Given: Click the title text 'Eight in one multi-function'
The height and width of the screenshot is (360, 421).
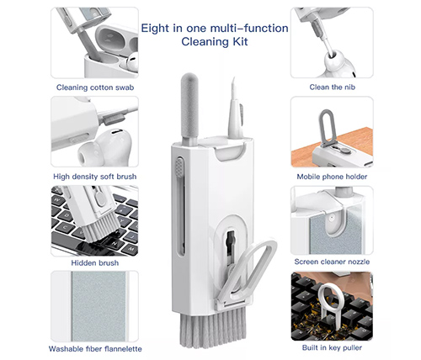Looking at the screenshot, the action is (215, 29).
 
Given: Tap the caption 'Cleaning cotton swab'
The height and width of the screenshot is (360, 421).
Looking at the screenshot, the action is (95, 87).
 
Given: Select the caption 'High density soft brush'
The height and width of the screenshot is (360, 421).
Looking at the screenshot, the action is (95, 177).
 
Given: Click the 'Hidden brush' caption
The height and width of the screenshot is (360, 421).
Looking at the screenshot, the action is (95, 263).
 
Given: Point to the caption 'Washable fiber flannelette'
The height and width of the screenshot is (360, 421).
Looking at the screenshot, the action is (95, 349).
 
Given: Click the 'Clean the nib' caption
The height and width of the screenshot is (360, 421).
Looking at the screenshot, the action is (333, 87).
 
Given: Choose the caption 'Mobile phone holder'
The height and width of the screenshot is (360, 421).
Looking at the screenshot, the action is (332, 177).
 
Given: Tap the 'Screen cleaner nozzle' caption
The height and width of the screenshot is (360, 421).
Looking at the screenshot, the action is (332, 262).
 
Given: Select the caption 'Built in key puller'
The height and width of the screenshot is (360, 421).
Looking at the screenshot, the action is (332, 347).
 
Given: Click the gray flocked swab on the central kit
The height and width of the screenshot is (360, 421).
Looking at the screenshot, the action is (189, 107).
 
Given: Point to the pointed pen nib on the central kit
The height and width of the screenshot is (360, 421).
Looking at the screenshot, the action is (235, 109).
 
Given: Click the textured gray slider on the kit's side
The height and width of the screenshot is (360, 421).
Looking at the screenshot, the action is (180, 167).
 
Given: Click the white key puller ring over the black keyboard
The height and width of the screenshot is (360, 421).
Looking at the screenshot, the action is (331, 297).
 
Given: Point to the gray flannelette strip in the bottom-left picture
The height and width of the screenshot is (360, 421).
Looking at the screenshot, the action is (99, 306).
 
